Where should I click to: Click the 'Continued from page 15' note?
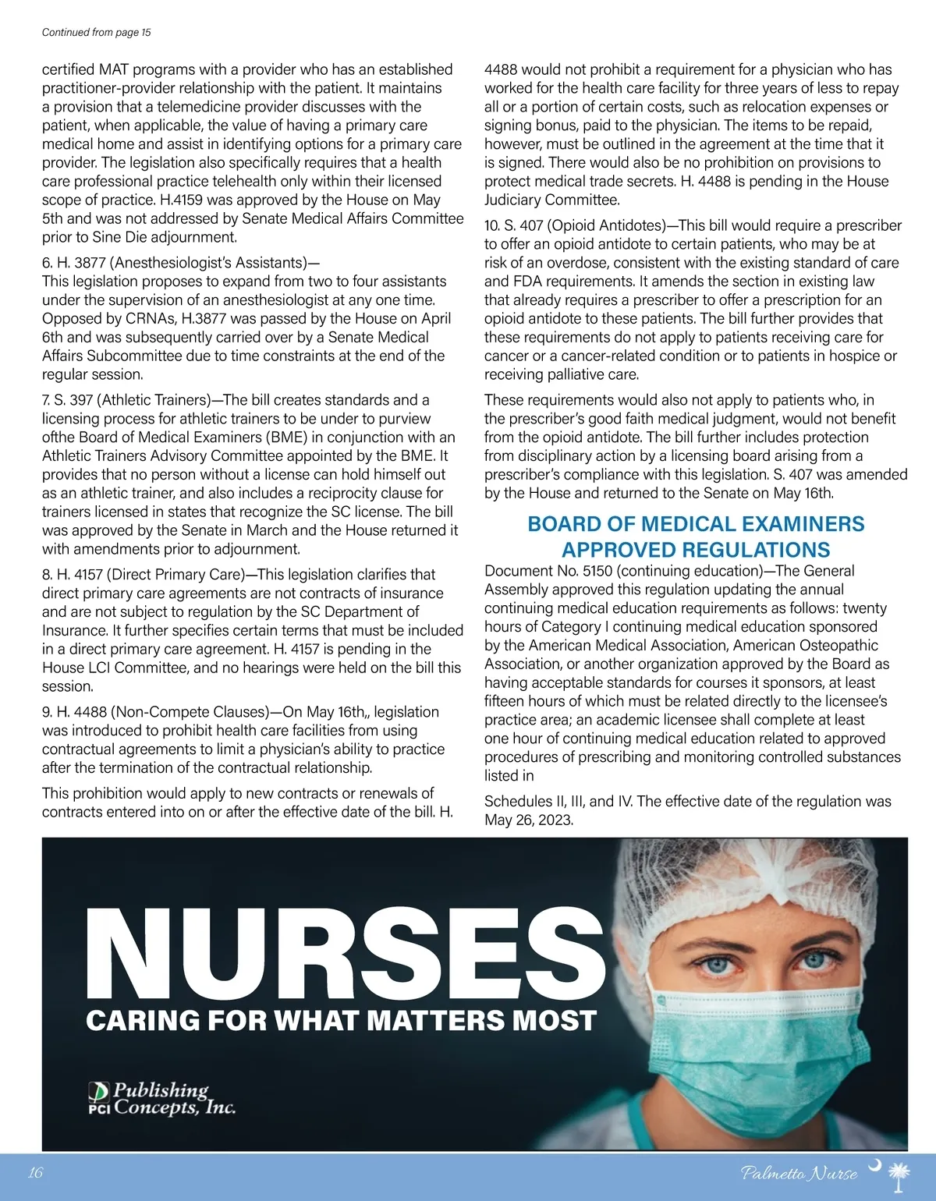(96, 32)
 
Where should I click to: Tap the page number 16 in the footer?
(35, 1173)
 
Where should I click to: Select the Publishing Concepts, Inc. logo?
(161, 1098)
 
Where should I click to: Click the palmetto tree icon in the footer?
(900, 1176)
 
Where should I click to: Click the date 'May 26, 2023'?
(529, 820)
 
